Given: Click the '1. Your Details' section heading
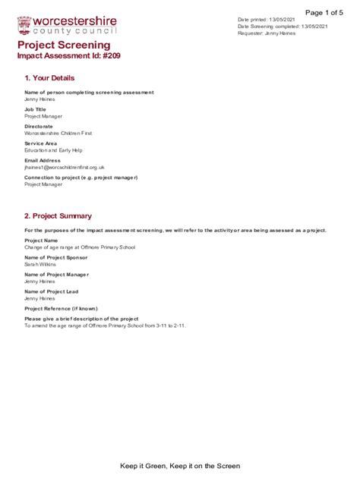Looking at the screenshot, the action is [x=49, y=78].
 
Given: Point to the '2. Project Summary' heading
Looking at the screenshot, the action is [x=58, y=215].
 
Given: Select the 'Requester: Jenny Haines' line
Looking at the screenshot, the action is [x=267, y=33].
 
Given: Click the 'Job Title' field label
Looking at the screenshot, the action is [x=35, y=109].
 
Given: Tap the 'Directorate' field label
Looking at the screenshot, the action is [x=39, y=126].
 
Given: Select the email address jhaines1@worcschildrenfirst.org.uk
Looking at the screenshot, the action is [x=65, y=167].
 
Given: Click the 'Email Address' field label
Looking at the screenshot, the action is [x=43, y=160].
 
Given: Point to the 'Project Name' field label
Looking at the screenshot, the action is [x=41, y=241].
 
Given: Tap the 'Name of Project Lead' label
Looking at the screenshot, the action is [x=52, y=291].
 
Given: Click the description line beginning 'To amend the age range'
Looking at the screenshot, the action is [x=105, y=325].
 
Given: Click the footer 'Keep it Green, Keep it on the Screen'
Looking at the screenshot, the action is [x=180, y=466].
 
